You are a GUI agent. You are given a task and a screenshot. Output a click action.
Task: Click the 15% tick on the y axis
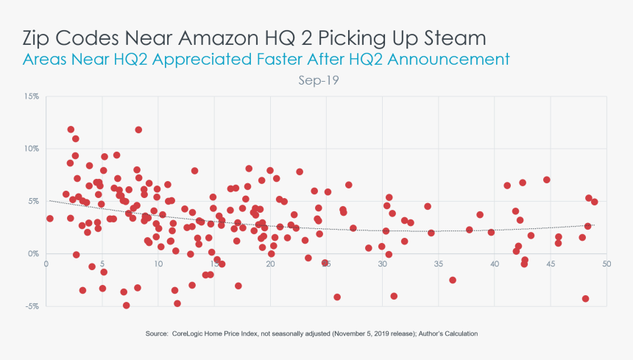(x=32, y=96)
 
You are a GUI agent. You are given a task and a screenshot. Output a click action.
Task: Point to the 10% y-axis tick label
(x=32, y=149)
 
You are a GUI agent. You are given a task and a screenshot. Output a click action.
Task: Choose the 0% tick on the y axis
(x=35, y=253)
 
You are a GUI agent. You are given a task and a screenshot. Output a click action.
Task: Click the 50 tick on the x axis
(x=607, y=264)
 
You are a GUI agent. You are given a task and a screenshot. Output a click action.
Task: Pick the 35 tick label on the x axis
(x=439, y=264)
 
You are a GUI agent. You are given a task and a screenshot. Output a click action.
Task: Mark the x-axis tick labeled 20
(x=270, y=264)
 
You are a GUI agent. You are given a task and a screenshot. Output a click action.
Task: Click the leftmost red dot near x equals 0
(x=49, y=218)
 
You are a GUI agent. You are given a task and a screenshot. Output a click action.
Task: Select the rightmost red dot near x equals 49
(x=595, y=202)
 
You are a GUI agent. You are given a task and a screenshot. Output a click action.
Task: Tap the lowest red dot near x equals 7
(x=126, y=305)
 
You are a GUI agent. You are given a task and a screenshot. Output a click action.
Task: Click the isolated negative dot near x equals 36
(x=453, y=280)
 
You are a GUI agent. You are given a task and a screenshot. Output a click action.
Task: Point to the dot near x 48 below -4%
(x=585, y=298)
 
